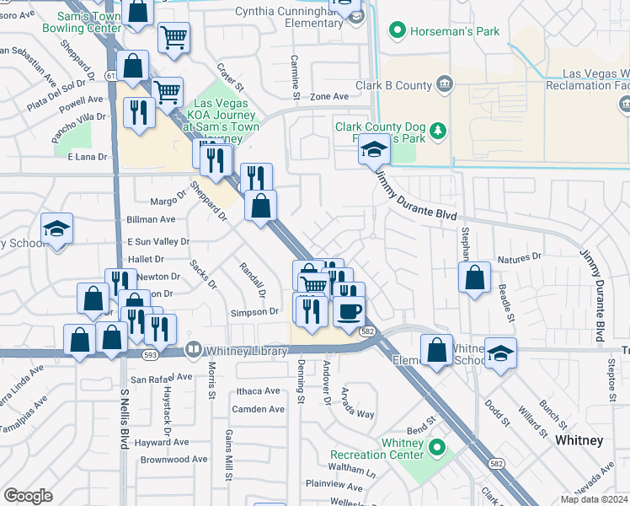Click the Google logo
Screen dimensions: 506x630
(x=28, y=496)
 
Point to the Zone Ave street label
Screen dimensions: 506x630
(x=328, y=97)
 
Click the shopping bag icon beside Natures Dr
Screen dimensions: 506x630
(x=475, y=276)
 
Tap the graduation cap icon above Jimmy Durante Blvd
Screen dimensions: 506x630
(x=374, y=149)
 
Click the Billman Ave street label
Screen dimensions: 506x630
(x=151, y=219)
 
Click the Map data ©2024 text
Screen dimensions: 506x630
(x=593, y=499)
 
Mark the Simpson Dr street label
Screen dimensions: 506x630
(x=255, y=312)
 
